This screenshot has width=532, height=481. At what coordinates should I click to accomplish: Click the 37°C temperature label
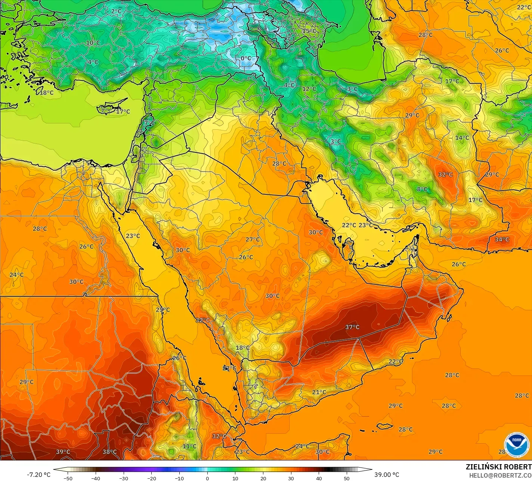coord(352,327)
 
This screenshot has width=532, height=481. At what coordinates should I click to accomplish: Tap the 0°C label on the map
coord(246,58)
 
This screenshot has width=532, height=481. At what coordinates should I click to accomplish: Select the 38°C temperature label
coord(109,451)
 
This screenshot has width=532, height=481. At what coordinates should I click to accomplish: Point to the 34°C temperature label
coord(502,239)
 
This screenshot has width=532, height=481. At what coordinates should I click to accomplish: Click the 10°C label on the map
coord(93,43)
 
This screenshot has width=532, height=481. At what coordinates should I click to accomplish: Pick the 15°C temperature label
coord(309,31)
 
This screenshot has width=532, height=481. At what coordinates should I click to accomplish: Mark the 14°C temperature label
coord(462,138)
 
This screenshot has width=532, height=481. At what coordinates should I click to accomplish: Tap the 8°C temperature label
coord(422,189)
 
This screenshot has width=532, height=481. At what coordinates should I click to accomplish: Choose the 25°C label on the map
coord(163,309)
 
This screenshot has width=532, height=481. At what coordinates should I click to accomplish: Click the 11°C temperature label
coord(189,446)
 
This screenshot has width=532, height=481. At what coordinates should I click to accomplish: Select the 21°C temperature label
coord(319,392)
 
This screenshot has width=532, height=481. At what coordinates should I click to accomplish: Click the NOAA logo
coord(516,445)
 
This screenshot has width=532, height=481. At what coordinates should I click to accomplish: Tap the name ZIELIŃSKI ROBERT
coord(498,467)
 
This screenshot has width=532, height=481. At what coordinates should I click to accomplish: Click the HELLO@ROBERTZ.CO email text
coord(500,475)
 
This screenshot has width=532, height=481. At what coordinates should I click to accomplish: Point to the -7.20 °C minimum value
coord(38,475)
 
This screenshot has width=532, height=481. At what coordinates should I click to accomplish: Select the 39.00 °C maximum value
coord(387,475)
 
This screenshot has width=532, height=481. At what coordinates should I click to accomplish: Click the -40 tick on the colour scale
coord(96,478)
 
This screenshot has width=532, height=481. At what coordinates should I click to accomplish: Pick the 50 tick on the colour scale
coord(347,478)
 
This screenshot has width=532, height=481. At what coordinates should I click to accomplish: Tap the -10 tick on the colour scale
coord(179,478)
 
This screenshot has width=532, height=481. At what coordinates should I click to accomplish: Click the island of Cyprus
coord(109,109)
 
